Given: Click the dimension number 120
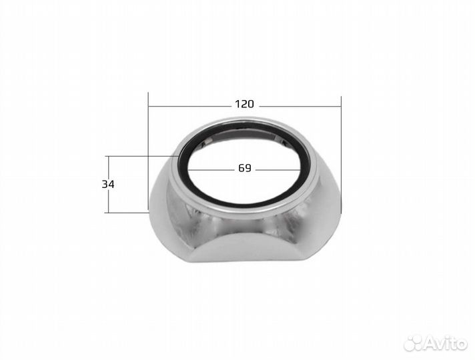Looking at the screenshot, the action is [x=244, y=104].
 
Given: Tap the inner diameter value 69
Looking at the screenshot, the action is [x=244, y=168].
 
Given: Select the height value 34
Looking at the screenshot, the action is [x=108, y=184].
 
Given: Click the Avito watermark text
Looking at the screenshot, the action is [x=445, y=343].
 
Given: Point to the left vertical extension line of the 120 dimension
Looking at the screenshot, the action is [x=148, y=151].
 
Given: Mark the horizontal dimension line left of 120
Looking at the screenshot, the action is [x=190, y=106].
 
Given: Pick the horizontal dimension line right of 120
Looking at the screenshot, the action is [x=300, y=106].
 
